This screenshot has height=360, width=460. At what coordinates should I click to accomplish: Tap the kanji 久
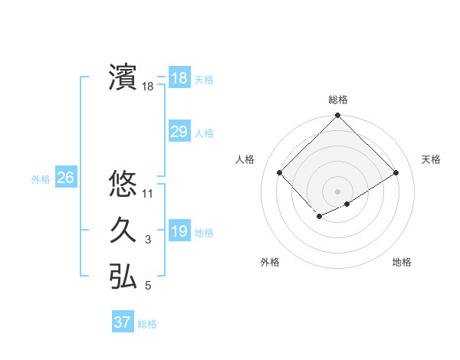(123, 231)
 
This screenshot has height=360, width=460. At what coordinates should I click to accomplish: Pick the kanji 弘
(123, 277)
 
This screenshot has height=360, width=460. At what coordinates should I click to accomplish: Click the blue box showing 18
(179, 78)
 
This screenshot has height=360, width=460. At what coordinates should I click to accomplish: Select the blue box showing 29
(179, 132)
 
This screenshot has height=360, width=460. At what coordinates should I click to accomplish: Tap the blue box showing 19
(179, 231)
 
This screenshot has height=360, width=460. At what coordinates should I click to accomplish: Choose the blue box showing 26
(65, 178)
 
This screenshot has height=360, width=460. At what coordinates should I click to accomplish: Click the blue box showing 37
(122, 322)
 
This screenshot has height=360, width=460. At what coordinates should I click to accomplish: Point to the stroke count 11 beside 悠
(148, 194)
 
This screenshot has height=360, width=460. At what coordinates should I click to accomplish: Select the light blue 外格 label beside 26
(41, 179)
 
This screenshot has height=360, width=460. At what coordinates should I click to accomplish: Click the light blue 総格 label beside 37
(147, 324)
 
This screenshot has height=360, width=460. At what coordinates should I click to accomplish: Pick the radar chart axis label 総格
(338, 100)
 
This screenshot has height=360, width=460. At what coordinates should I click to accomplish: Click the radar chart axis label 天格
(432, 159)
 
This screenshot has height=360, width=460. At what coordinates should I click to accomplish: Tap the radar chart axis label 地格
(402, 262)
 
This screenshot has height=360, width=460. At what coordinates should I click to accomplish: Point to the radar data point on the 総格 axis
(337, 116)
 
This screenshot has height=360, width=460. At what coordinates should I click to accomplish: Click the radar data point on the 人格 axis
(280, 172)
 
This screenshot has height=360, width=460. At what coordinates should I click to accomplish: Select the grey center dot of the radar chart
(337, 191)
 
